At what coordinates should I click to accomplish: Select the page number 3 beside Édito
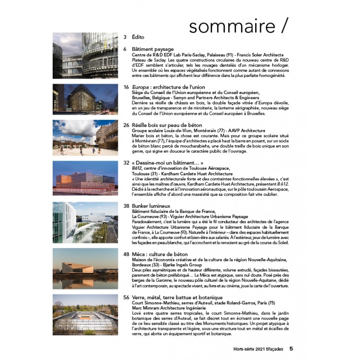point(126,37)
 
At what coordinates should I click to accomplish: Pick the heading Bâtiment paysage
point(153,49)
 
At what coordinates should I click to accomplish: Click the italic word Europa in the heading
point(141,86)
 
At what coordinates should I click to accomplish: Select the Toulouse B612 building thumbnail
point(85,180)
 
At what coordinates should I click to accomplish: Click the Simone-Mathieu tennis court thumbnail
point(85,315)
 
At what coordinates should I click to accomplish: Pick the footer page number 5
point(291,348)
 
